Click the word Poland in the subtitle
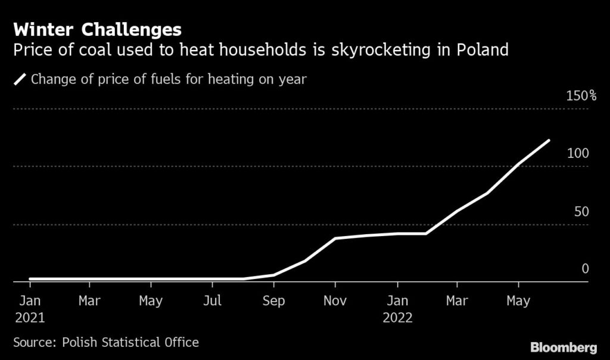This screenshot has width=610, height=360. click(x=483, y=49)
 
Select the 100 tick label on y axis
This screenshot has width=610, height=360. click(x=578, y=153)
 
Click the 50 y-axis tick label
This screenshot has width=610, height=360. click(x=581, y=212)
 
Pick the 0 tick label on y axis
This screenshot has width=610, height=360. click(x=585, y=269)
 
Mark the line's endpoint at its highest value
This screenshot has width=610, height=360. click(x=549, y=141)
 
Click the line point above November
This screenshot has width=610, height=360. click(x=335, y=238)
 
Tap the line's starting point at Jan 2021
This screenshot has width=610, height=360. click(x=30, y=278)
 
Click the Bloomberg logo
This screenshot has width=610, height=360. click(x=563, y=347)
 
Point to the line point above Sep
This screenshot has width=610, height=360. click(x=273, y=275)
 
